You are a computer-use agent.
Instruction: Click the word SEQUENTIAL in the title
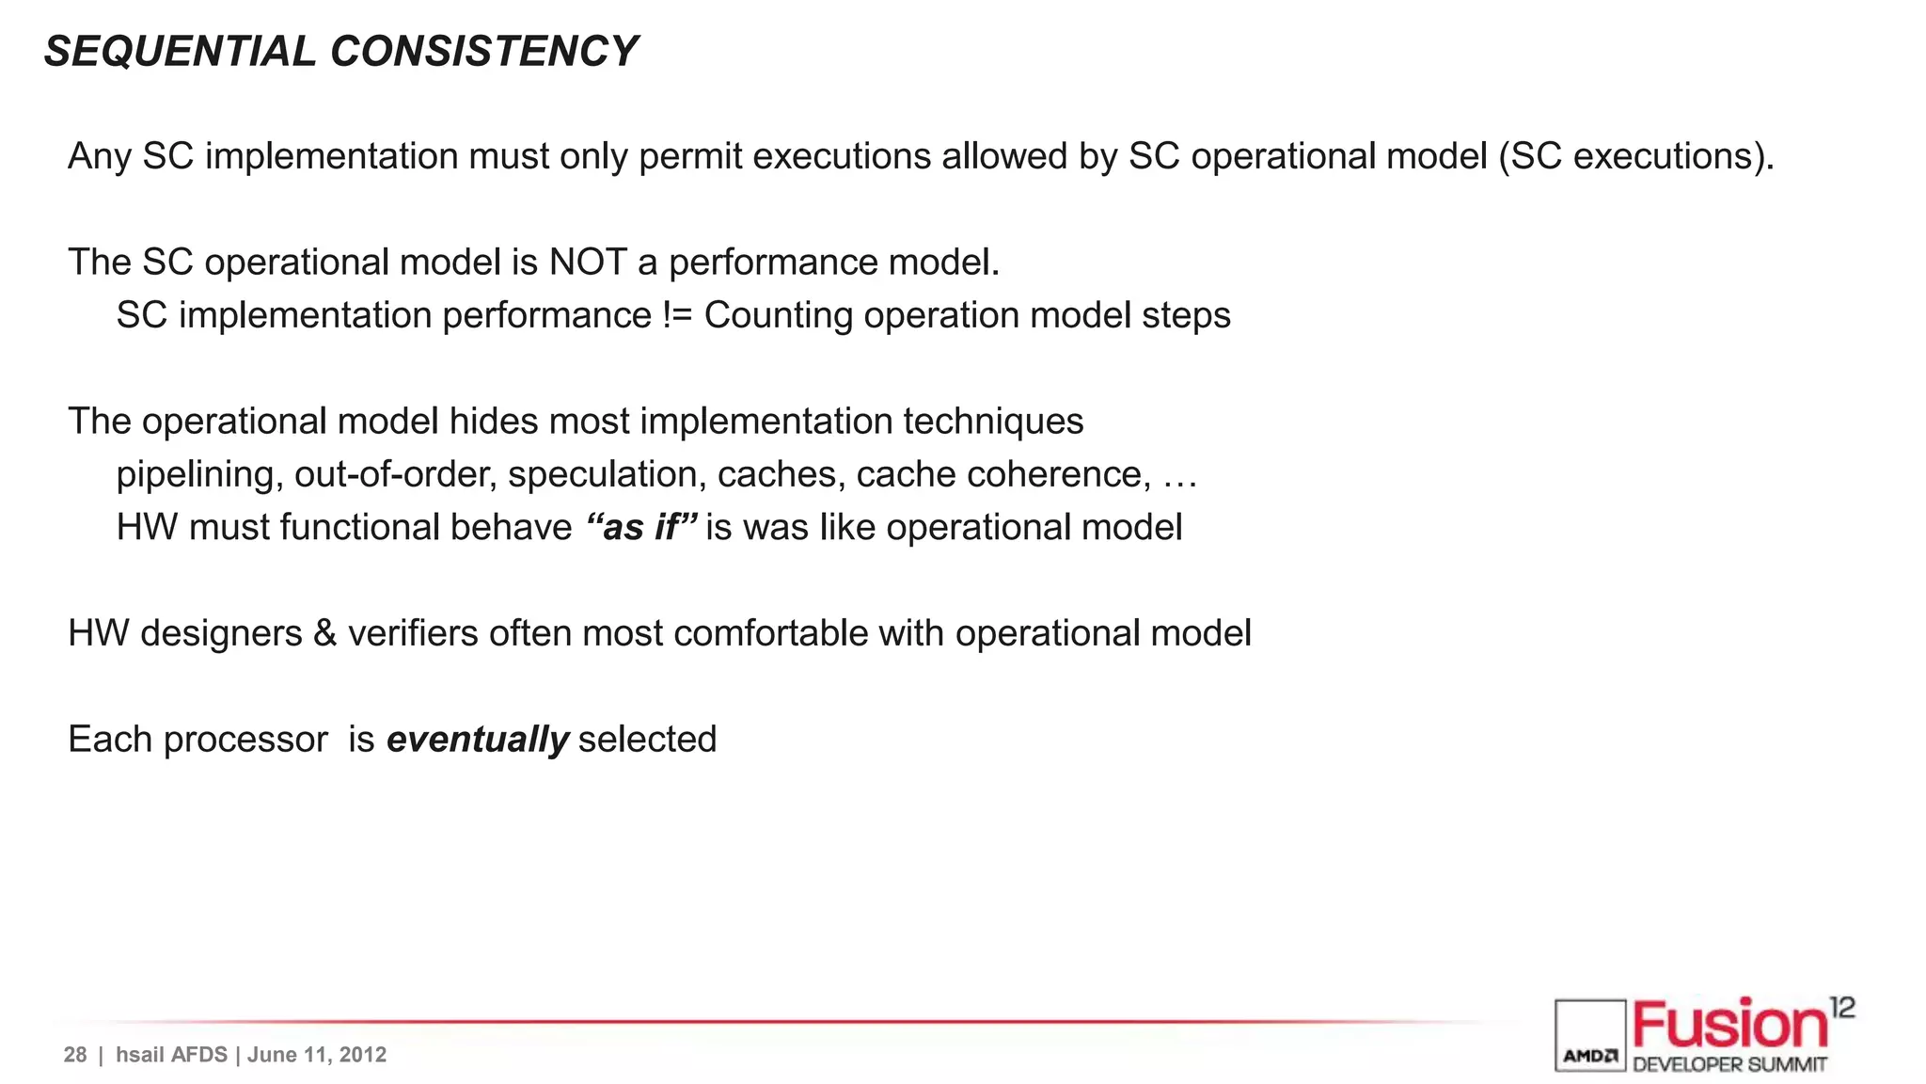click(180, 51)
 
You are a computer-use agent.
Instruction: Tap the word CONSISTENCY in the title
click(484, 51)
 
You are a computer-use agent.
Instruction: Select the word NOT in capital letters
click(588, 263)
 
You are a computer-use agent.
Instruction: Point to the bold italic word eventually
click(478, 740)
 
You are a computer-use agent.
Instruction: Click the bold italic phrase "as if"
click(641, 527)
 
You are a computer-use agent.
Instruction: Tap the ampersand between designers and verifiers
click(324, 633)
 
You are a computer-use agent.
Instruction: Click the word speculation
click(607, 474)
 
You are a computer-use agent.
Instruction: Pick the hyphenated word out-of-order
click(395, 474)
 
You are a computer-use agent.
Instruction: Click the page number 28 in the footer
click(75, 1055)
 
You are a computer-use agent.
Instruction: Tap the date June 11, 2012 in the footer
click(317, 1055)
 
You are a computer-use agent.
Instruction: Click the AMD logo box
click(1590, 1035)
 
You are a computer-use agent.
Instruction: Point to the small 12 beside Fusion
click(1842, 1008)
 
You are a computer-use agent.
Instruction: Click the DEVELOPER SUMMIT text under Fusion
click(1729, 1065)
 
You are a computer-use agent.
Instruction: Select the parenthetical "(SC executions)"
click(1636, 156)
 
